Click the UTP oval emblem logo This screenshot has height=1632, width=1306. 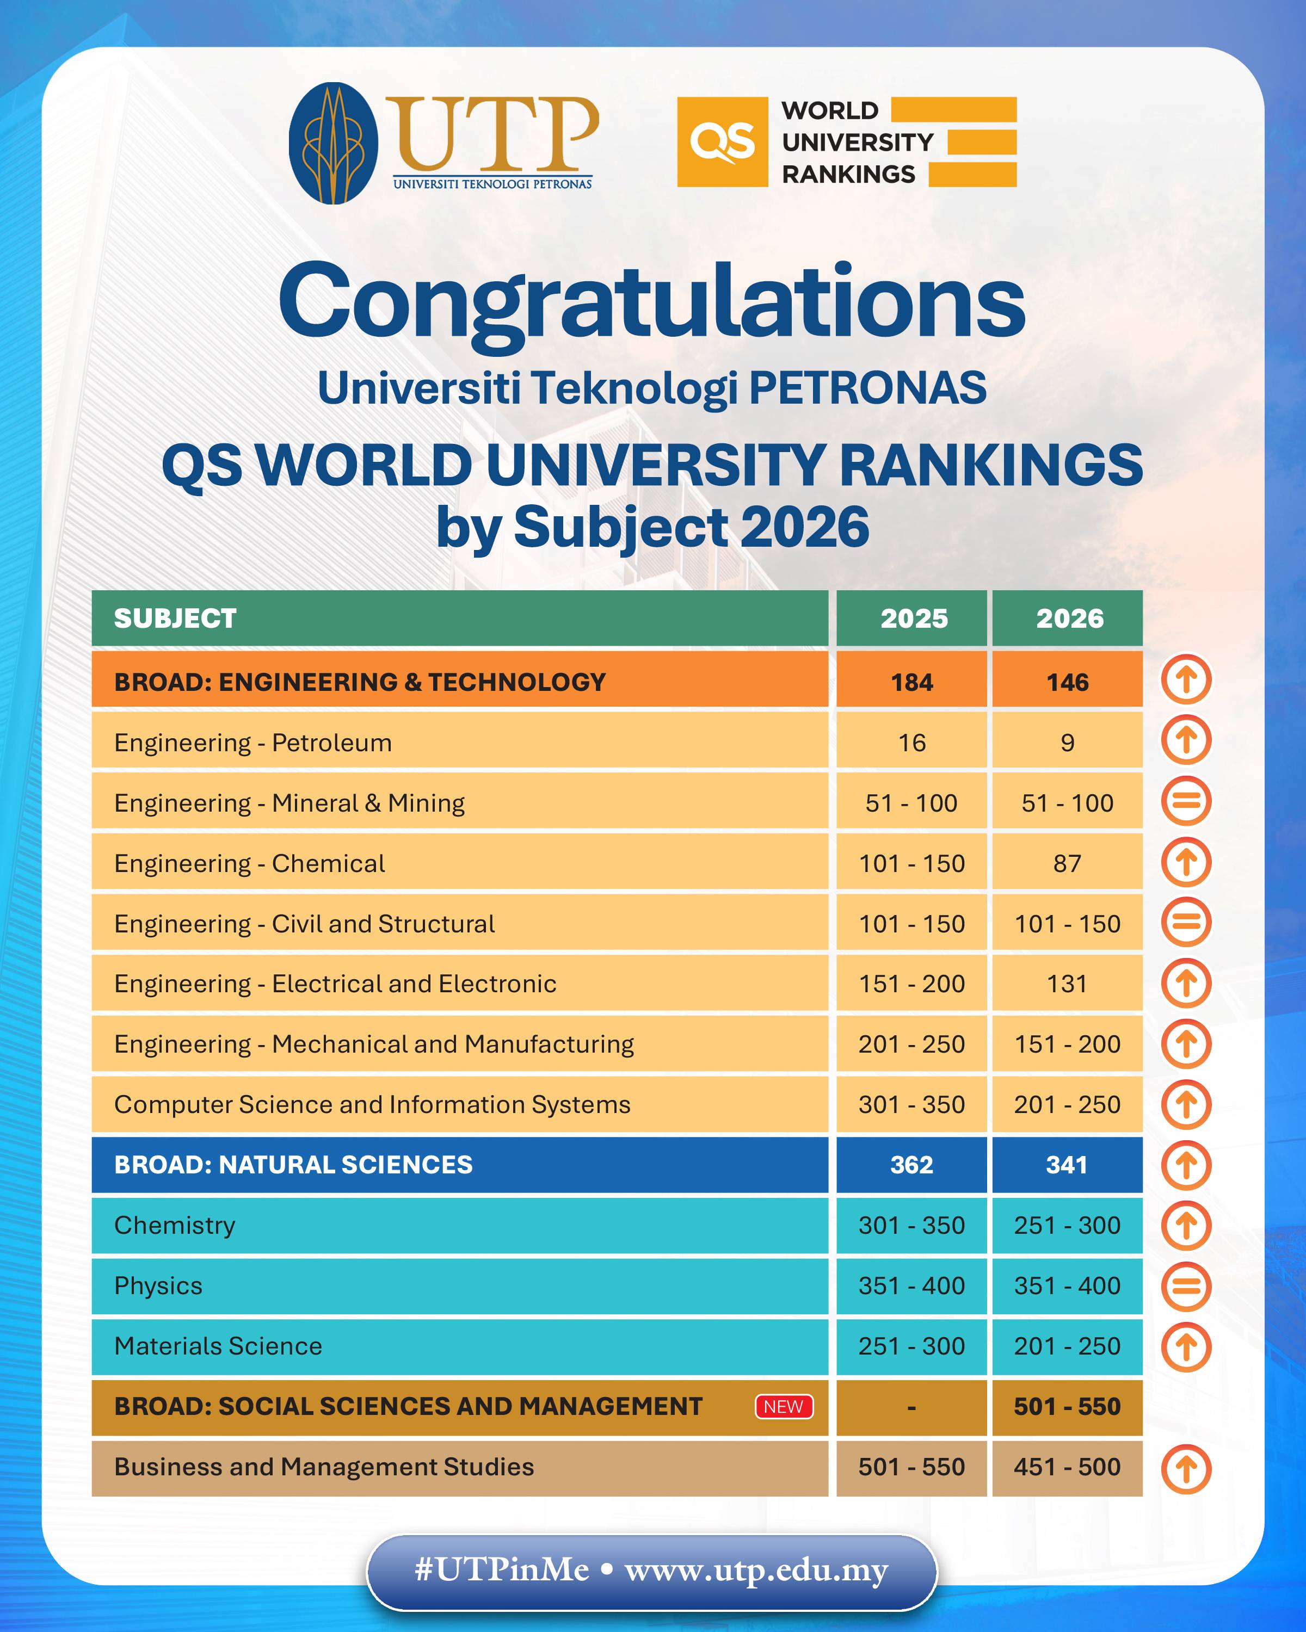click(x=333, y=143)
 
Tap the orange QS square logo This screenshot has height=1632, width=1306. click(x=722, y=141)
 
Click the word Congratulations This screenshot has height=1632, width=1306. click(x=652, y=303)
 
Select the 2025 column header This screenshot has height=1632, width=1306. click(x=913, y=619)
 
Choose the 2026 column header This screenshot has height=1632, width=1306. click(x=1069, y=619)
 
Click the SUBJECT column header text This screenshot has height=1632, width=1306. click(x=175, y=619)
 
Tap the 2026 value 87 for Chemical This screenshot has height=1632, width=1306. click(x=1067, y=863)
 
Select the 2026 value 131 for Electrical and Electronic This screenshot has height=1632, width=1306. click(x=1067, y=984)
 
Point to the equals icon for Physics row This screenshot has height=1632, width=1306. click(x=1186, y=1286)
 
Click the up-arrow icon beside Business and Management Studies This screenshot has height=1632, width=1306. click(x=1186, y=1469)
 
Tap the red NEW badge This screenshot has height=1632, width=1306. click(x=784, y=1406)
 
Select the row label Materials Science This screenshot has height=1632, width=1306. click(x=218, y=1346)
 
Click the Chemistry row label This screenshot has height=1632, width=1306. click(x=175, y=1225)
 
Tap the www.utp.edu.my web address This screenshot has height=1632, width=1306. click(x=756, y=1570)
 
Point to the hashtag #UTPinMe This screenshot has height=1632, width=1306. click(x=502, y=1570)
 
